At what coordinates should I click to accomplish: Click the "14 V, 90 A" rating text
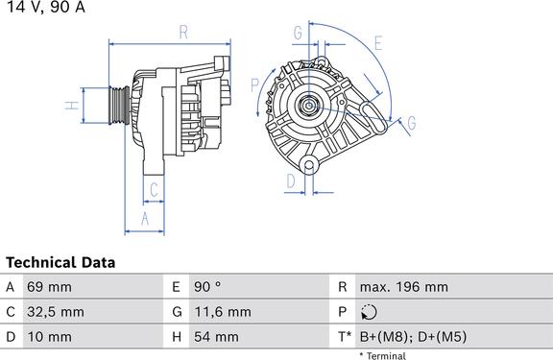click(46, 7)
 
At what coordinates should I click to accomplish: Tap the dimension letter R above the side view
click(183, 32)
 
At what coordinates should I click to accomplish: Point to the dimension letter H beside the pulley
click(72, 105)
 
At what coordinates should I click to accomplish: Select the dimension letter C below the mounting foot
click(154, 190)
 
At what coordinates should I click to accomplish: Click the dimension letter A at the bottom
click(145, 219)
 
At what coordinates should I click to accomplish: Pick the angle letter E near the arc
click(378, 43)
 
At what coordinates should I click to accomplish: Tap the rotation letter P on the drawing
click(254, 85)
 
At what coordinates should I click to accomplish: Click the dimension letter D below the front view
click(291, 181)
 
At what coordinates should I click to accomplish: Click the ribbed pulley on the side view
click(119, 105)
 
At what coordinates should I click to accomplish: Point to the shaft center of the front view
click(309, 105)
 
